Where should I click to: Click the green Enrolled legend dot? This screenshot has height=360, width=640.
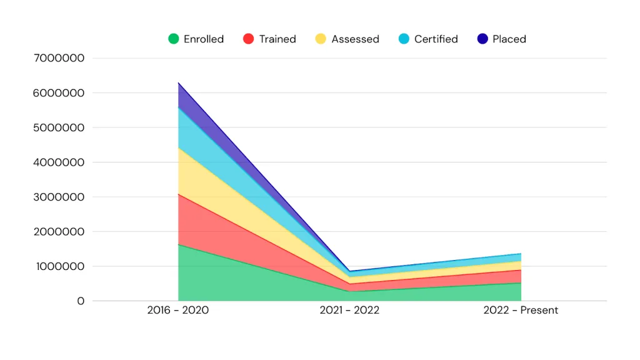[174, 39]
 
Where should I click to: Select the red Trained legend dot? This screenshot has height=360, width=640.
[249, 39]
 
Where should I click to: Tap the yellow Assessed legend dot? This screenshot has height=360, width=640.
[321, 39]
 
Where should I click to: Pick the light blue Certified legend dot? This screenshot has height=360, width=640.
[404, 39]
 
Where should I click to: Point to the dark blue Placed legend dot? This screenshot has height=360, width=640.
[482, 39]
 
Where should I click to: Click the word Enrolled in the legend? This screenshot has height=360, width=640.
[204, 39]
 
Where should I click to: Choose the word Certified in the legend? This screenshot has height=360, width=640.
[436, 39]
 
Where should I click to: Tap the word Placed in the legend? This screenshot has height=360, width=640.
[509, 39]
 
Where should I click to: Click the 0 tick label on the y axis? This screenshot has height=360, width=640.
[81, 301]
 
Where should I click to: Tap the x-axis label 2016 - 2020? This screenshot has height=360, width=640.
[178, 311]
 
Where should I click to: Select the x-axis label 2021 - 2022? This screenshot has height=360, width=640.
[349, 311]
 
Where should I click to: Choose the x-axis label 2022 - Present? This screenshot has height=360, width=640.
[521, 311]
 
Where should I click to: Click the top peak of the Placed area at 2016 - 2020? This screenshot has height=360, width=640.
[179, 82]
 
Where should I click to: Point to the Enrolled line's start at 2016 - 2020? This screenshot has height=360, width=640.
[179, 244]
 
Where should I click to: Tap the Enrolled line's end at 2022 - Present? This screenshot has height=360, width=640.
[521, 283]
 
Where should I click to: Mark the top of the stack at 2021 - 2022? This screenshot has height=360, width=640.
[349, 271]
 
